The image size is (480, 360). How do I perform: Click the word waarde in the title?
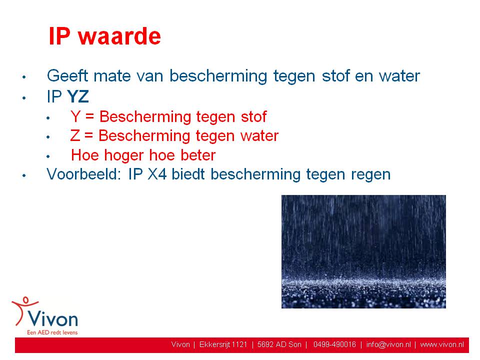click(119, 36)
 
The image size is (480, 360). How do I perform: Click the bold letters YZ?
click(78, 97)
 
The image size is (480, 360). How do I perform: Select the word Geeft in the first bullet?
click(67, 75)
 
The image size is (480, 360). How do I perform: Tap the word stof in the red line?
click(254, 116)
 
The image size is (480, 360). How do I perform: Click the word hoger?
click(124, 155)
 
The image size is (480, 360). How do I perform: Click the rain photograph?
click(363, 251)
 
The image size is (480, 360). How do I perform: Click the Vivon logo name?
click(52, 319)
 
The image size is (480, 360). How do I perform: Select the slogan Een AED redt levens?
click(52, 332)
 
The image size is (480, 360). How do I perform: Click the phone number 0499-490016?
click(334, 344)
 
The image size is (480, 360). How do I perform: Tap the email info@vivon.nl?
click(388, 344)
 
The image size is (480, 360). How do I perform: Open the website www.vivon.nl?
click(442, 344)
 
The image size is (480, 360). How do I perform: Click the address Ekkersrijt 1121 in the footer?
click(223, 344)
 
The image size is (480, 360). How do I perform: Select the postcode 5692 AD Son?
click(279, 344)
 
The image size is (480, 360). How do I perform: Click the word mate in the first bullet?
click(112, 76)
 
